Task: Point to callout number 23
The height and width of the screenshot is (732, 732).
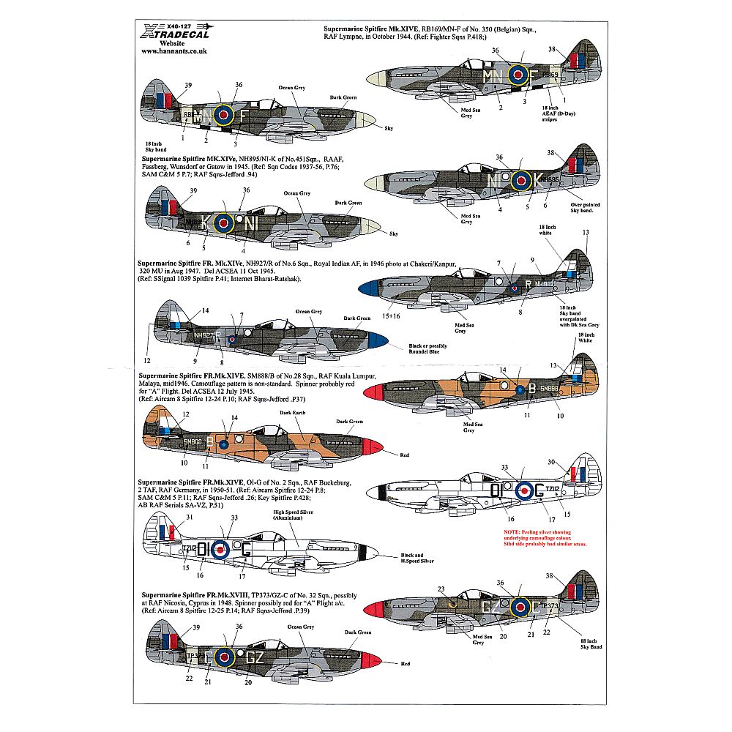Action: pos(441,589)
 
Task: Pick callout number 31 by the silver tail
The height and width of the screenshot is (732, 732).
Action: pos(188,518)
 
